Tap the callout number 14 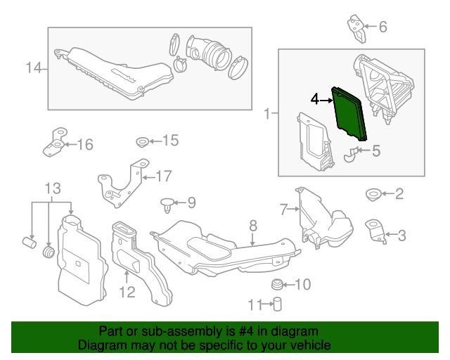coord(34,68)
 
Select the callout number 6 coord(383,27)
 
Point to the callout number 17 coord(163,176)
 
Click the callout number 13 coord(53,188)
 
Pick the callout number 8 coord(253,226)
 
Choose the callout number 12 coord(127,290)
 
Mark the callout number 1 coord(267,112)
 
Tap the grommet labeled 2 coord(373,193)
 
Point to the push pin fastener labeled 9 coord(167,205)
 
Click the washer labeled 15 coord(141,141)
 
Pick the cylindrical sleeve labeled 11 coord(277,304)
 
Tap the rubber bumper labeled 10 coord(278,284)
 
